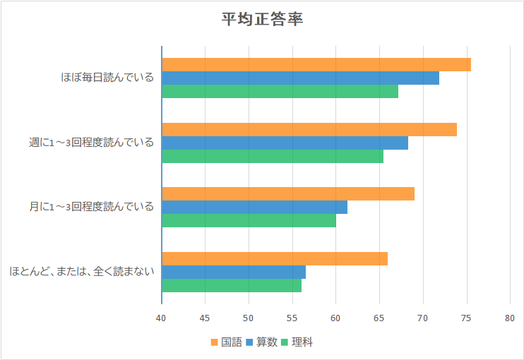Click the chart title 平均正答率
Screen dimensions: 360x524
[263, 19]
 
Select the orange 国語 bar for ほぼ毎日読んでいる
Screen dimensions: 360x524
[316, 64]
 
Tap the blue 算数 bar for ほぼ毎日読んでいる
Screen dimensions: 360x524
[300, 78]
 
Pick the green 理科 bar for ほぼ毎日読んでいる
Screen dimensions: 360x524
[280, 91]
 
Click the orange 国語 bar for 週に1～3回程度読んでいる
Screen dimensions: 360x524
[309, 129]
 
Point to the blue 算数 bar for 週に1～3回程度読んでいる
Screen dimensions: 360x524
[285, 143]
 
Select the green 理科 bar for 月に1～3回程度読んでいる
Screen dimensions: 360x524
[249, 221]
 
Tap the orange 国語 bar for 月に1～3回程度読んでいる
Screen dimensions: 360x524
[288, 193]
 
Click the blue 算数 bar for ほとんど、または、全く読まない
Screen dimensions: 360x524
[234, 272]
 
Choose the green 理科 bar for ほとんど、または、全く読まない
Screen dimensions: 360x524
[232, 285]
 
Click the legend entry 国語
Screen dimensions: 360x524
[226, 342]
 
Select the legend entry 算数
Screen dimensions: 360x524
[261, 342]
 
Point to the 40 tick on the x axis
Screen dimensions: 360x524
[162, 318]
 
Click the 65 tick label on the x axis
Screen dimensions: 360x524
[379, 318]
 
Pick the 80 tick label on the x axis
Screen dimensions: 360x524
[510, 318]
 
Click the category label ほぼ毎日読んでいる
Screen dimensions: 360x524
[107, 78]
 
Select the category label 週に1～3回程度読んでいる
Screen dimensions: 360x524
[91, 143]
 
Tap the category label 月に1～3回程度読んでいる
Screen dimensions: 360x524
[91, 207]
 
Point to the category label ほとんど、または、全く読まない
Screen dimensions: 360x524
[82, 272]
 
